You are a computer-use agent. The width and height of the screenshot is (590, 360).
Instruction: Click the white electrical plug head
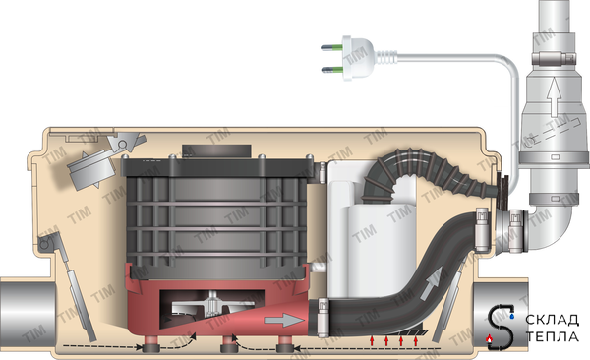pos(359,58)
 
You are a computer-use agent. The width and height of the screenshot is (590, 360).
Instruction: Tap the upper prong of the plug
pos(331,47)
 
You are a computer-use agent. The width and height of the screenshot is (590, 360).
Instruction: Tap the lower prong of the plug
pos(331,69)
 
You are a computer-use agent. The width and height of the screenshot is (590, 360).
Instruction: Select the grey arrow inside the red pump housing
pos(283,320)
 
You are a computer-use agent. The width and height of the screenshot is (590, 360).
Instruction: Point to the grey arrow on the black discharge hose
pos(432,283)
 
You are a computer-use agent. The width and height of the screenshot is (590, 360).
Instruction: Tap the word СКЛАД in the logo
pos(552,320)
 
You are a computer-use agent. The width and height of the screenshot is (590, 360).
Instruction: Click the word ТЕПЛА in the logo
pos(553,336)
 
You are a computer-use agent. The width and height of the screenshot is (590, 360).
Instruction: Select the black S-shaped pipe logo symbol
pos(501,327)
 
